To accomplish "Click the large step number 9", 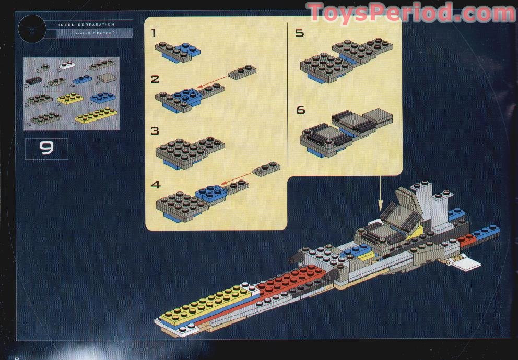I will coord(46,149).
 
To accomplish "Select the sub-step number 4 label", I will coord(155,185).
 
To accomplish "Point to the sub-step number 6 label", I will coord(300,111).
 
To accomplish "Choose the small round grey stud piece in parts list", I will coord(46,66).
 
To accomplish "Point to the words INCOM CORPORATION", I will coord(86,25).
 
